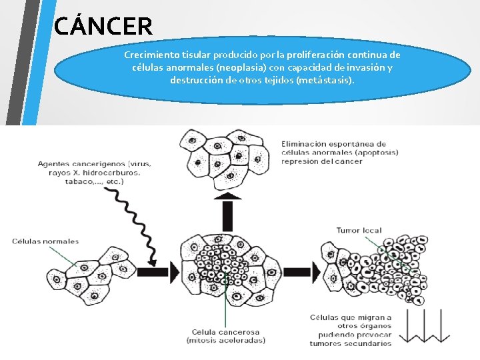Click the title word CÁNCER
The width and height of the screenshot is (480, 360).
(x=103, y=26)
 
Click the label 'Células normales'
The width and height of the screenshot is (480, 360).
(x=45, y=241)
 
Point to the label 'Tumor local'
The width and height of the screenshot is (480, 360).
(x=359, y=231)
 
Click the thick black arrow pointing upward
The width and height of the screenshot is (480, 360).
(x=227, y=209)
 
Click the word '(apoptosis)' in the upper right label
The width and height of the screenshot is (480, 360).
(x=377, y=152)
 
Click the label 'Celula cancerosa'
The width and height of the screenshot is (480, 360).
(x=225, y=331)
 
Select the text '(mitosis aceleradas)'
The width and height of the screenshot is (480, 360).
(x=225, y=340)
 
